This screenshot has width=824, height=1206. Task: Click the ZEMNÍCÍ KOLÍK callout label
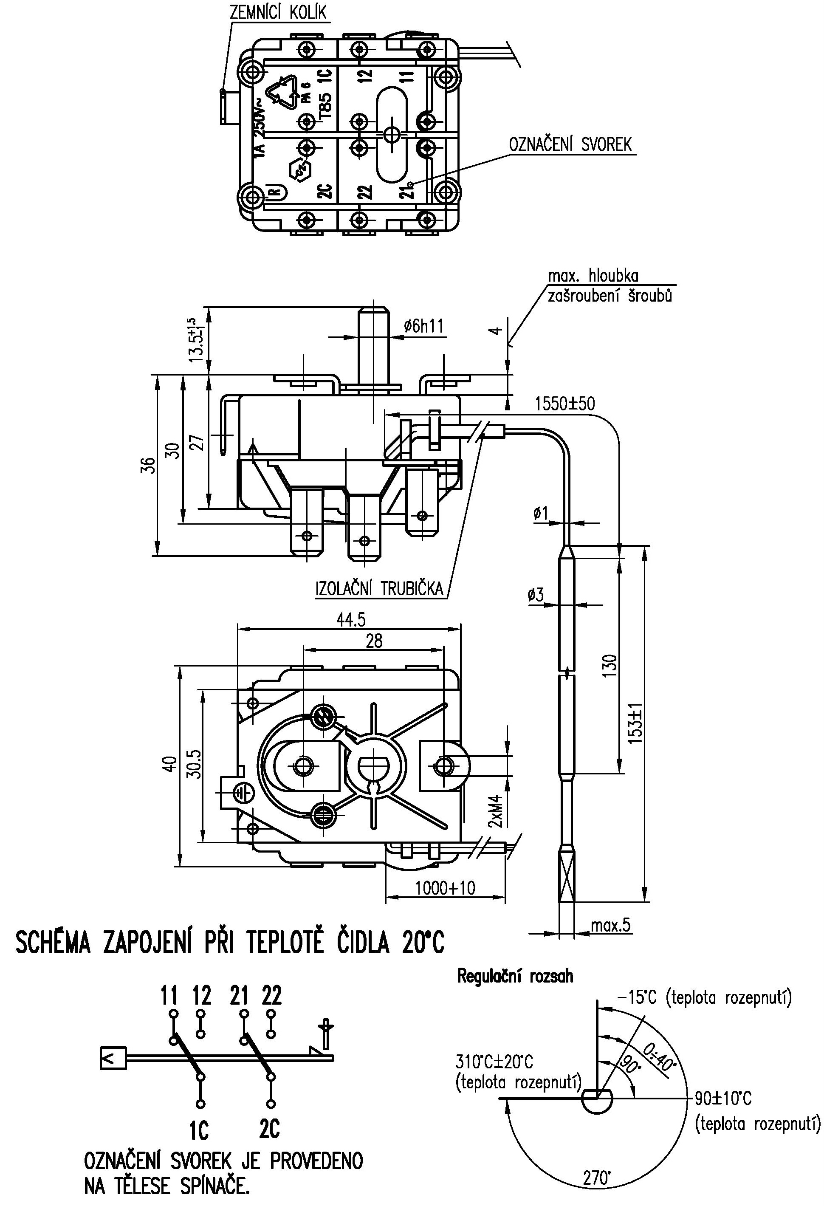[x=279, y=11]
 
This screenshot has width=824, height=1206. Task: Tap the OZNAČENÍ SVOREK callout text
[x=570, y=144]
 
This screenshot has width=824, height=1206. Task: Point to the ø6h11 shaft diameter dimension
[x=423, y=326]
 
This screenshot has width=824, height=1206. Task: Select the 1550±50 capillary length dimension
[x=565, y=403]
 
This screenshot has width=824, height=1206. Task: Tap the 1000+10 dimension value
[x=445, y=888]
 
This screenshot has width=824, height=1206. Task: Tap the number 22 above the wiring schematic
[x=272, y=995]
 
